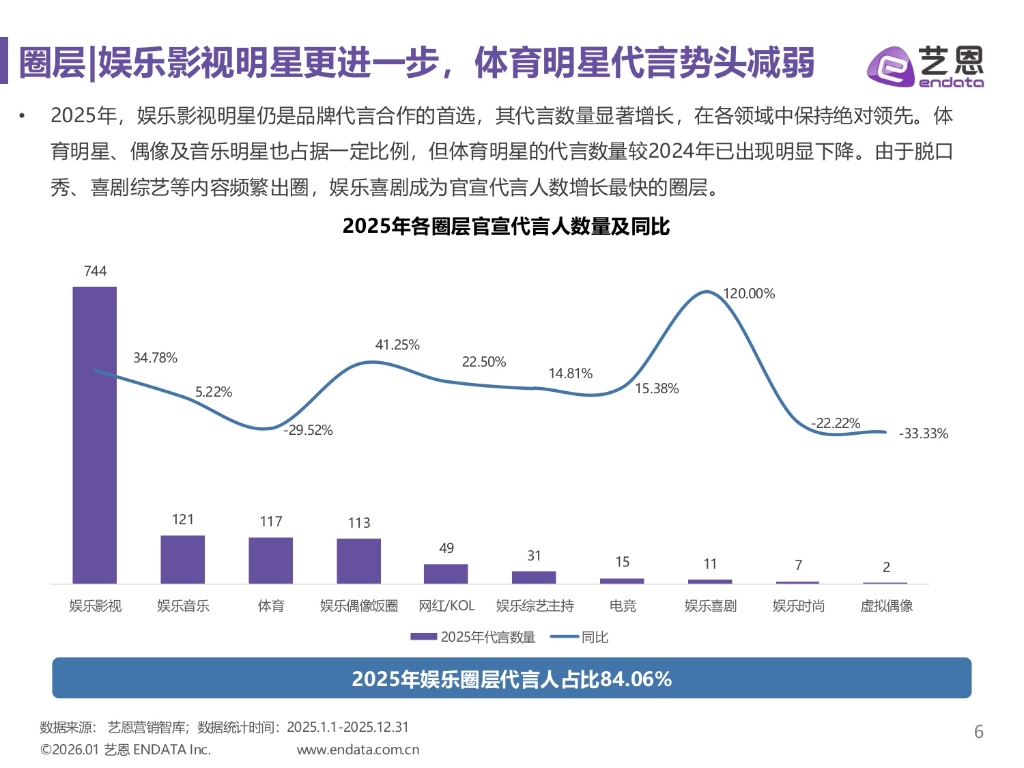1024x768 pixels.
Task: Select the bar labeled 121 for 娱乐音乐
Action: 182,559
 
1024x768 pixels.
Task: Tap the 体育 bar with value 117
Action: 270,560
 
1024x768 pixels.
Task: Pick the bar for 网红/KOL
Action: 446,573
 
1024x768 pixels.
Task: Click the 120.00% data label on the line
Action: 749,294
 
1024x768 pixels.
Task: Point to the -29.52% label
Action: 309,430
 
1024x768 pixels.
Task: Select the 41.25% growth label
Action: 397,345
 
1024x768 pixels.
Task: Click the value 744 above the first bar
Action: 95,271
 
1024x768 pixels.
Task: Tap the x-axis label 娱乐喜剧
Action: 710,606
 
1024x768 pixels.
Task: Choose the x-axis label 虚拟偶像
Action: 886,606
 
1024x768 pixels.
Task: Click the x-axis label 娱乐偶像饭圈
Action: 358,606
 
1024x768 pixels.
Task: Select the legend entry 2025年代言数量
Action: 473,637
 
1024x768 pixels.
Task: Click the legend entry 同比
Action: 580,637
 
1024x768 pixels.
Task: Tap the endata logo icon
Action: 890,67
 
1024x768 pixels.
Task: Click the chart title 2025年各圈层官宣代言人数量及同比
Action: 506,226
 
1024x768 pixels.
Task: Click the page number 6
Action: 978,732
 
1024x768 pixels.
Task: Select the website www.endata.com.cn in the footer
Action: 358,750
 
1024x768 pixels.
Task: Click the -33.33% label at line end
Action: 923,433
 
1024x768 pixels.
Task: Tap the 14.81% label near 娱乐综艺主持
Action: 570,373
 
